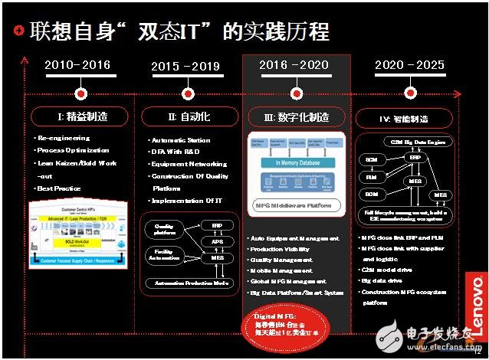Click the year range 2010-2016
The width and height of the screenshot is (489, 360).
tap(77, 66)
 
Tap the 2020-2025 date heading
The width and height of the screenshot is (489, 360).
tap(409, 66)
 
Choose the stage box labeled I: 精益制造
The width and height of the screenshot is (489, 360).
tap(80, 116)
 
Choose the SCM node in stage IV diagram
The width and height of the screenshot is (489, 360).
tap(370, 159)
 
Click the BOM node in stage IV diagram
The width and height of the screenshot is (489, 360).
tap(370, 193)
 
